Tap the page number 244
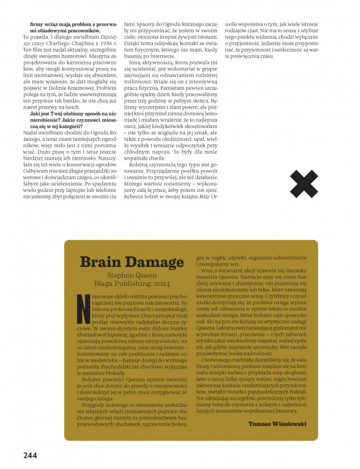[x=31, y=454]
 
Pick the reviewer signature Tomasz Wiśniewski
[x=277, y=423]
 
